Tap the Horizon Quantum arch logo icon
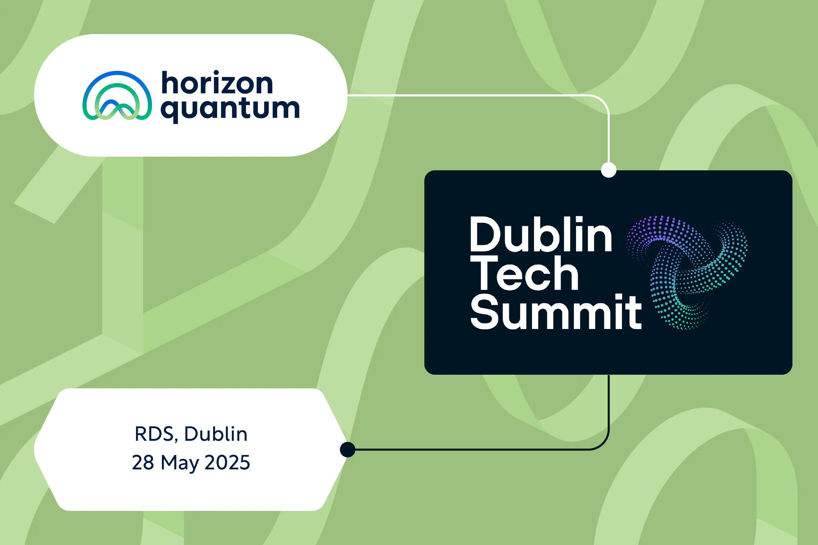click(x=117, y=96)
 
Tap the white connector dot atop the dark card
click(x=609, y=170)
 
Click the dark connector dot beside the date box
click(x=347, y=449)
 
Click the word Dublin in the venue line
click(x=216, y=434)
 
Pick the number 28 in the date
click(x=143, y=463)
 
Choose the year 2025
click(x=227, y=463)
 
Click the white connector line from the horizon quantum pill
click(x=470, y=95)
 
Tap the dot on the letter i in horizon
click(x=216, y=73)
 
